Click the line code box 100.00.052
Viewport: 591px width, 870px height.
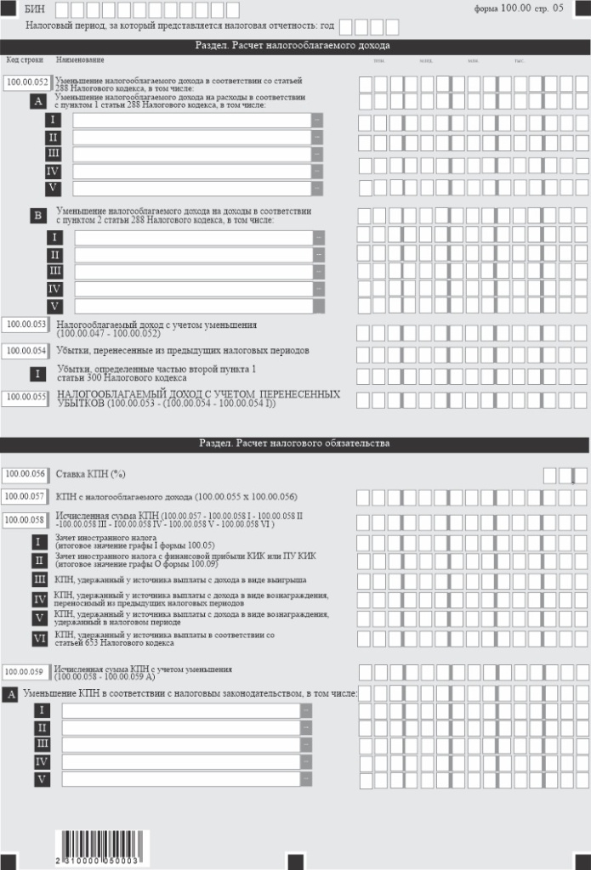pos(26,83)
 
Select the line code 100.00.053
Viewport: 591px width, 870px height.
pos(26,325)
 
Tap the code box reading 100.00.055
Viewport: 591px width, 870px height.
pos(26,397)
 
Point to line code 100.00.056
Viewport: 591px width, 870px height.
pos(26,475)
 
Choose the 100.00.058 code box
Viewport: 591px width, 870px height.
pos(26,520)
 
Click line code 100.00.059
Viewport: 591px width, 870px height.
pos(26,671)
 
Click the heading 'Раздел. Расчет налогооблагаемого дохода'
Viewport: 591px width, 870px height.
pos(295,45)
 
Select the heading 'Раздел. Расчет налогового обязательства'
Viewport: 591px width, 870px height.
pos(295,443)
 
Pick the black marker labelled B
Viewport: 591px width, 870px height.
pos(37,216)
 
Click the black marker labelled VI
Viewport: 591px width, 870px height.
pos(39,637)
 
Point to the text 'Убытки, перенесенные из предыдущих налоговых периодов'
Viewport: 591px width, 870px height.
pos(182,350)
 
